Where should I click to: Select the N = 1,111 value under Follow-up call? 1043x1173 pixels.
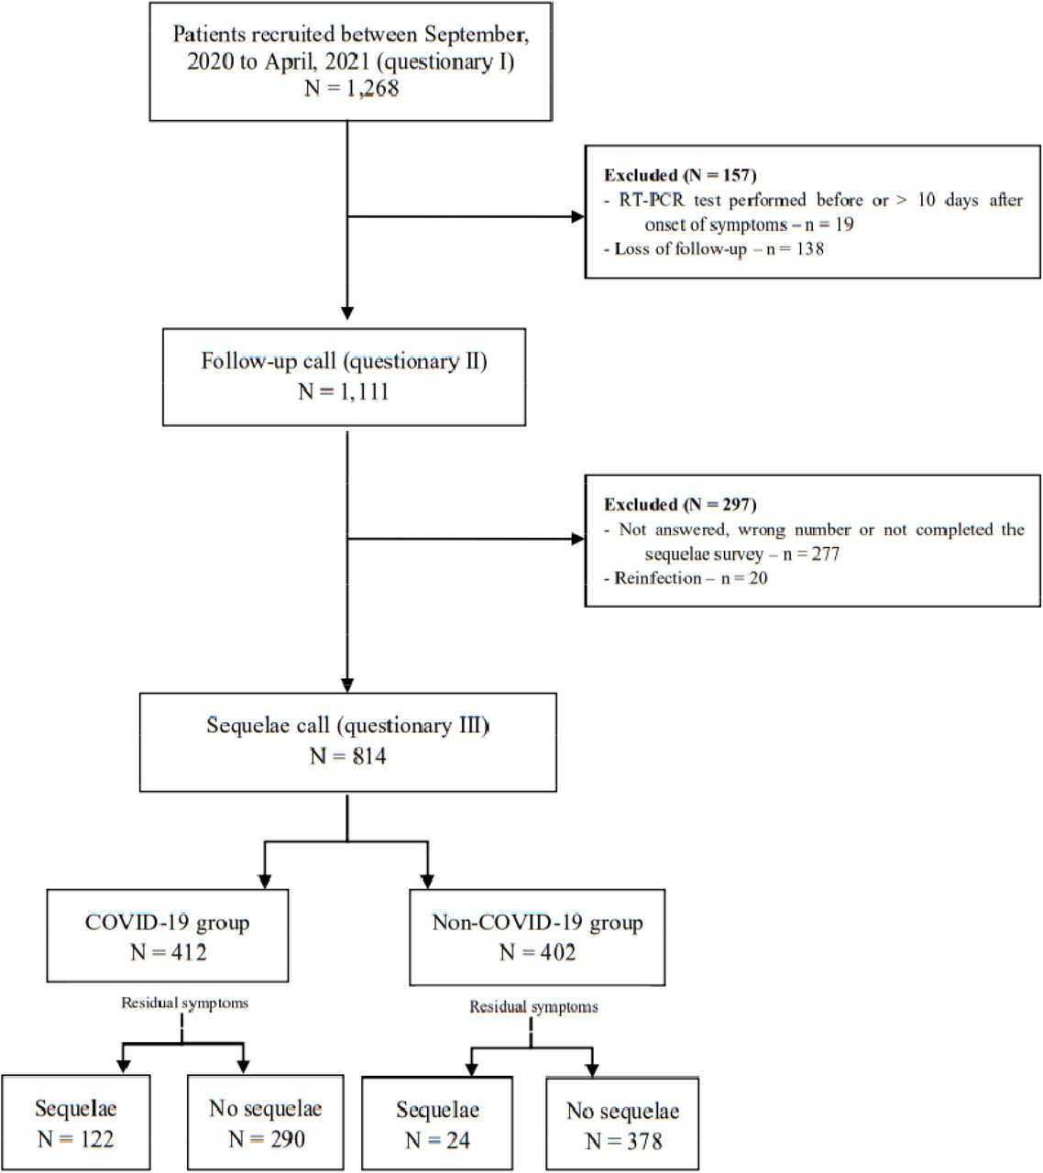coord(344,392)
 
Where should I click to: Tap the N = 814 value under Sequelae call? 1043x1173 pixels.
coord(347,756)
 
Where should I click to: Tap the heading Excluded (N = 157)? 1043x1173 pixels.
coord(680,175)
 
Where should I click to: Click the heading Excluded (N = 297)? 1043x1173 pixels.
coord(680,504)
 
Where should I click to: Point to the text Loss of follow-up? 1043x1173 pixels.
coord(680,249)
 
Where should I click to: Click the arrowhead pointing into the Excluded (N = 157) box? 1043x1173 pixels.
coord(578,216)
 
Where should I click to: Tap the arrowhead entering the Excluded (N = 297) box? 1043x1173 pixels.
coord(578,539)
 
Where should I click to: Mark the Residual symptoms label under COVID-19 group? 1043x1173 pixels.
coord(185,1003)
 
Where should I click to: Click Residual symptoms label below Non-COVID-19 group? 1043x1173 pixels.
coord(533,1007)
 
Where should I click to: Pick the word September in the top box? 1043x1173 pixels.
coord(477,36)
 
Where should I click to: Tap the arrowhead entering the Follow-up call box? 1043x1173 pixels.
coord(346,313)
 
